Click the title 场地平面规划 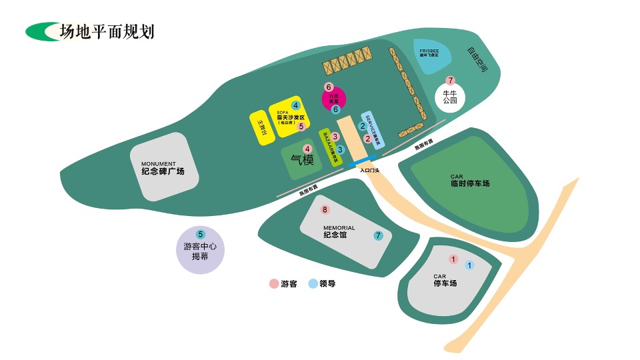[x=107, y=31]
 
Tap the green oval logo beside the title [x=41, y=31]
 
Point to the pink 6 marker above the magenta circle [x=328, y=87]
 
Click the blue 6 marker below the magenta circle [x=336, y=109]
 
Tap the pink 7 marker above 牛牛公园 [x=450, y=81]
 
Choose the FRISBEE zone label [x=429, y=52]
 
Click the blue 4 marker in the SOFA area [x=295, y=105]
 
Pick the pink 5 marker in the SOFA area [x=301, y=126]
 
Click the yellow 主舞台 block [x=262, y=126]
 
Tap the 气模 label [x=302, y=160]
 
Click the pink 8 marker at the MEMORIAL [x=325, y=210]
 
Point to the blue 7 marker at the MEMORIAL [x=378, y=235]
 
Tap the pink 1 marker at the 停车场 [x=453, y=259]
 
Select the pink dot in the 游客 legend [x=273, y=283]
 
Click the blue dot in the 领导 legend [x=313, y=283]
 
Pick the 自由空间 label [x=477, y=59]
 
